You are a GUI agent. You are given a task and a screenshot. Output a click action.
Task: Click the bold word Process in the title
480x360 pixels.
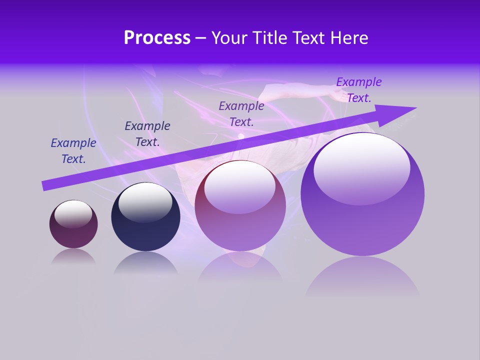(157, 38)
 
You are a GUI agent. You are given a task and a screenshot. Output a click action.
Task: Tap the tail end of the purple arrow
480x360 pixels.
(45, 185)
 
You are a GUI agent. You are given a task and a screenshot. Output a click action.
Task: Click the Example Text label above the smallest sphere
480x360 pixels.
(73, 151)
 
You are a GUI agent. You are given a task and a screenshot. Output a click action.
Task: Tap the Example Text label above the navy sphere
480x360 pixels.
(147, 134)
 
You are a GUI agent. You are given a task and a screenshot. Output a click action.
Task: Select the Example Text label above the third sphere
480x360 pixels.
(241, 113)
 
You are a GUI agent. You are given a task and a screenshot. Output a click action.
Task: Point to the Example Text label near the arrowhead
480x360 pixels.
(359, 90)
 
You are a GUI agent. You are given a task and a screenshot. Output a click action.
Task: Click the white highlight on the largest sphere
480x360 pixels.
(361, 167)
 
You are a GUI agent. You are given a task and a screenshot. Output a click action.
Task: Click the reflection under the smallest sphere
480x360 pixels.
(73, 256)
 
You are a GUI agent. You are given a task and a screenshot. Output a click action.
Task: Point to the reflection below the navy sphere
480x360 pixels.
(145, 263)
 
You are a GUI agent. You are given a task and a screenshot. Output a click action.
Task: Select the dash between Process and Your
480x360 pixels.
(201, 38)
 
